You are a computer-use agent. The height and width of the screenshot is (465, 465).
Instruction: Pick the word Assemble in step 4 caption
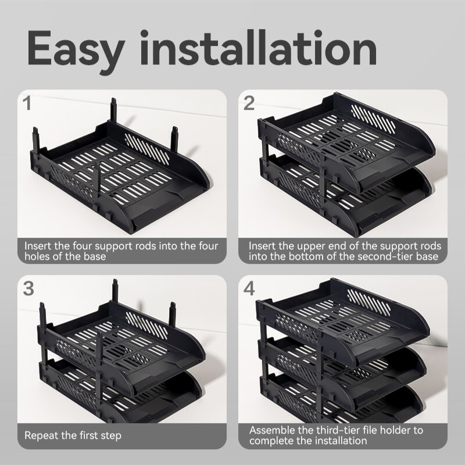[x=270, y=430]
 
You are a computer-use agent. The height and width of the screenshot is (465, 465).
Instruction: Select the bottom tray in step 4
[x=349, y=401]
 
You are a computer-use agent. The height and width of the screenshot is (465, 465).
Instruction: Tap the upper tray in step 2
[x=349, y=142]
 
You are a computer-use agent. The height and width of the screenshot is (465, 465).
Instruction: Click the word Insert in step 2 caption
[x=261, y=246]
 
